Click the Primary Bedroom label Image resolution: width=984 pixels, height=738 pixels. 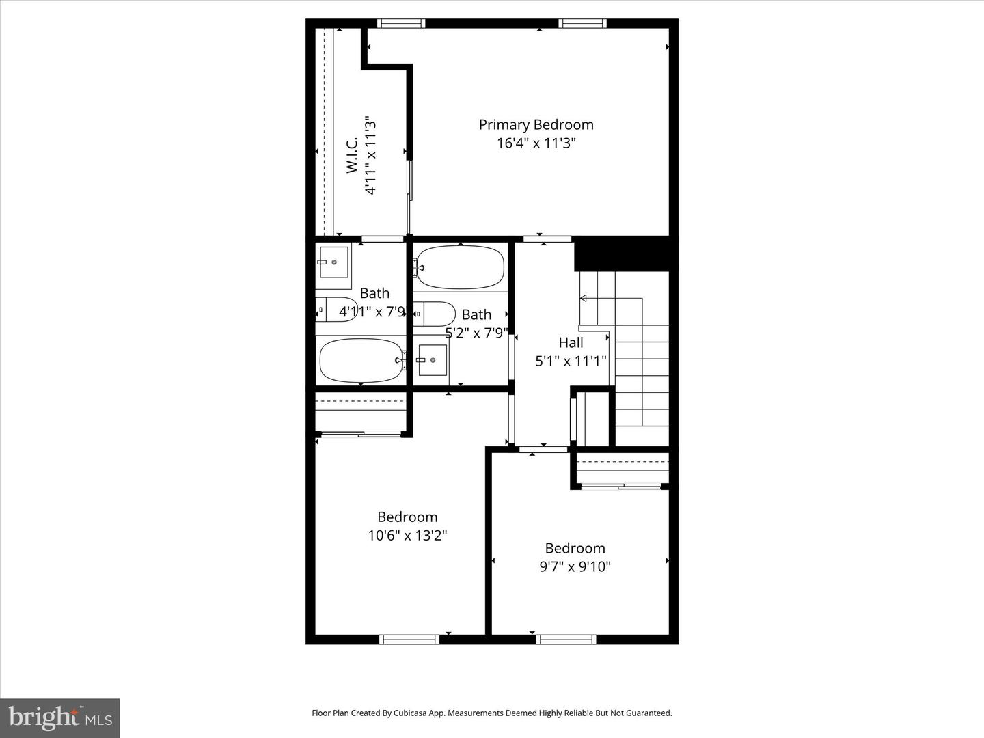[536, 124]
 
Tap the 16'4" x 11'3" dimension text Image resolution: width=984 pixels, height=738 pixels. [536, 143]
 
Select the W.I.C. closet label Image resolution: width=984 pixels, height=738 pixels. [352, 155]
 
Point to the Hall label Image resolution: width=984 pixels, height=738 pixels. [571, 342]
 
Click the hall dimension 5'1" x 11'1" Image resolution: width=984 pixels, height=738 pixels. [571, 361]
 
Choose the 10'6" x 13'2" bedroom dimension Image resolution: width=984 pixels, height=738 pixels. [407, 535]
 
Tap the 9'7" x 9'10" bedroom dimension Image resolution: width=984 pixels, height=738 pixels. [575, 566]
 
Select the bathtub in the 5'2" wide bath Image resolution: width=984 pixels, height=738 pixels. [460, 267]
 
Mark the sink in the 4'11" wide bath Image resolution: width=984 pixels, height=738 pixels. [333, 262]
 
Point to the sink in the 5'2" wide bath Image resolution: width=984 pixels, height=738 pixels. [432, 359]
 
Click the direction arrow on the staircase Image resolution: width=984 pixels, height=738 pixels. [584, 298]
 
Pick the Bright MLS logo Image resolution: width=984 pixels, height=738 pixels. [60, 717]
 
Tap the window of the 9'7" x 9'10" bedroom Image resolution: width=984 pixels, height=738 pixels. [566, 640]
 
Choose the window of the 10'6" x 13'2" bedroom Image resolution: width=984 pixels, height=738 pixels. [409, 640]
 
